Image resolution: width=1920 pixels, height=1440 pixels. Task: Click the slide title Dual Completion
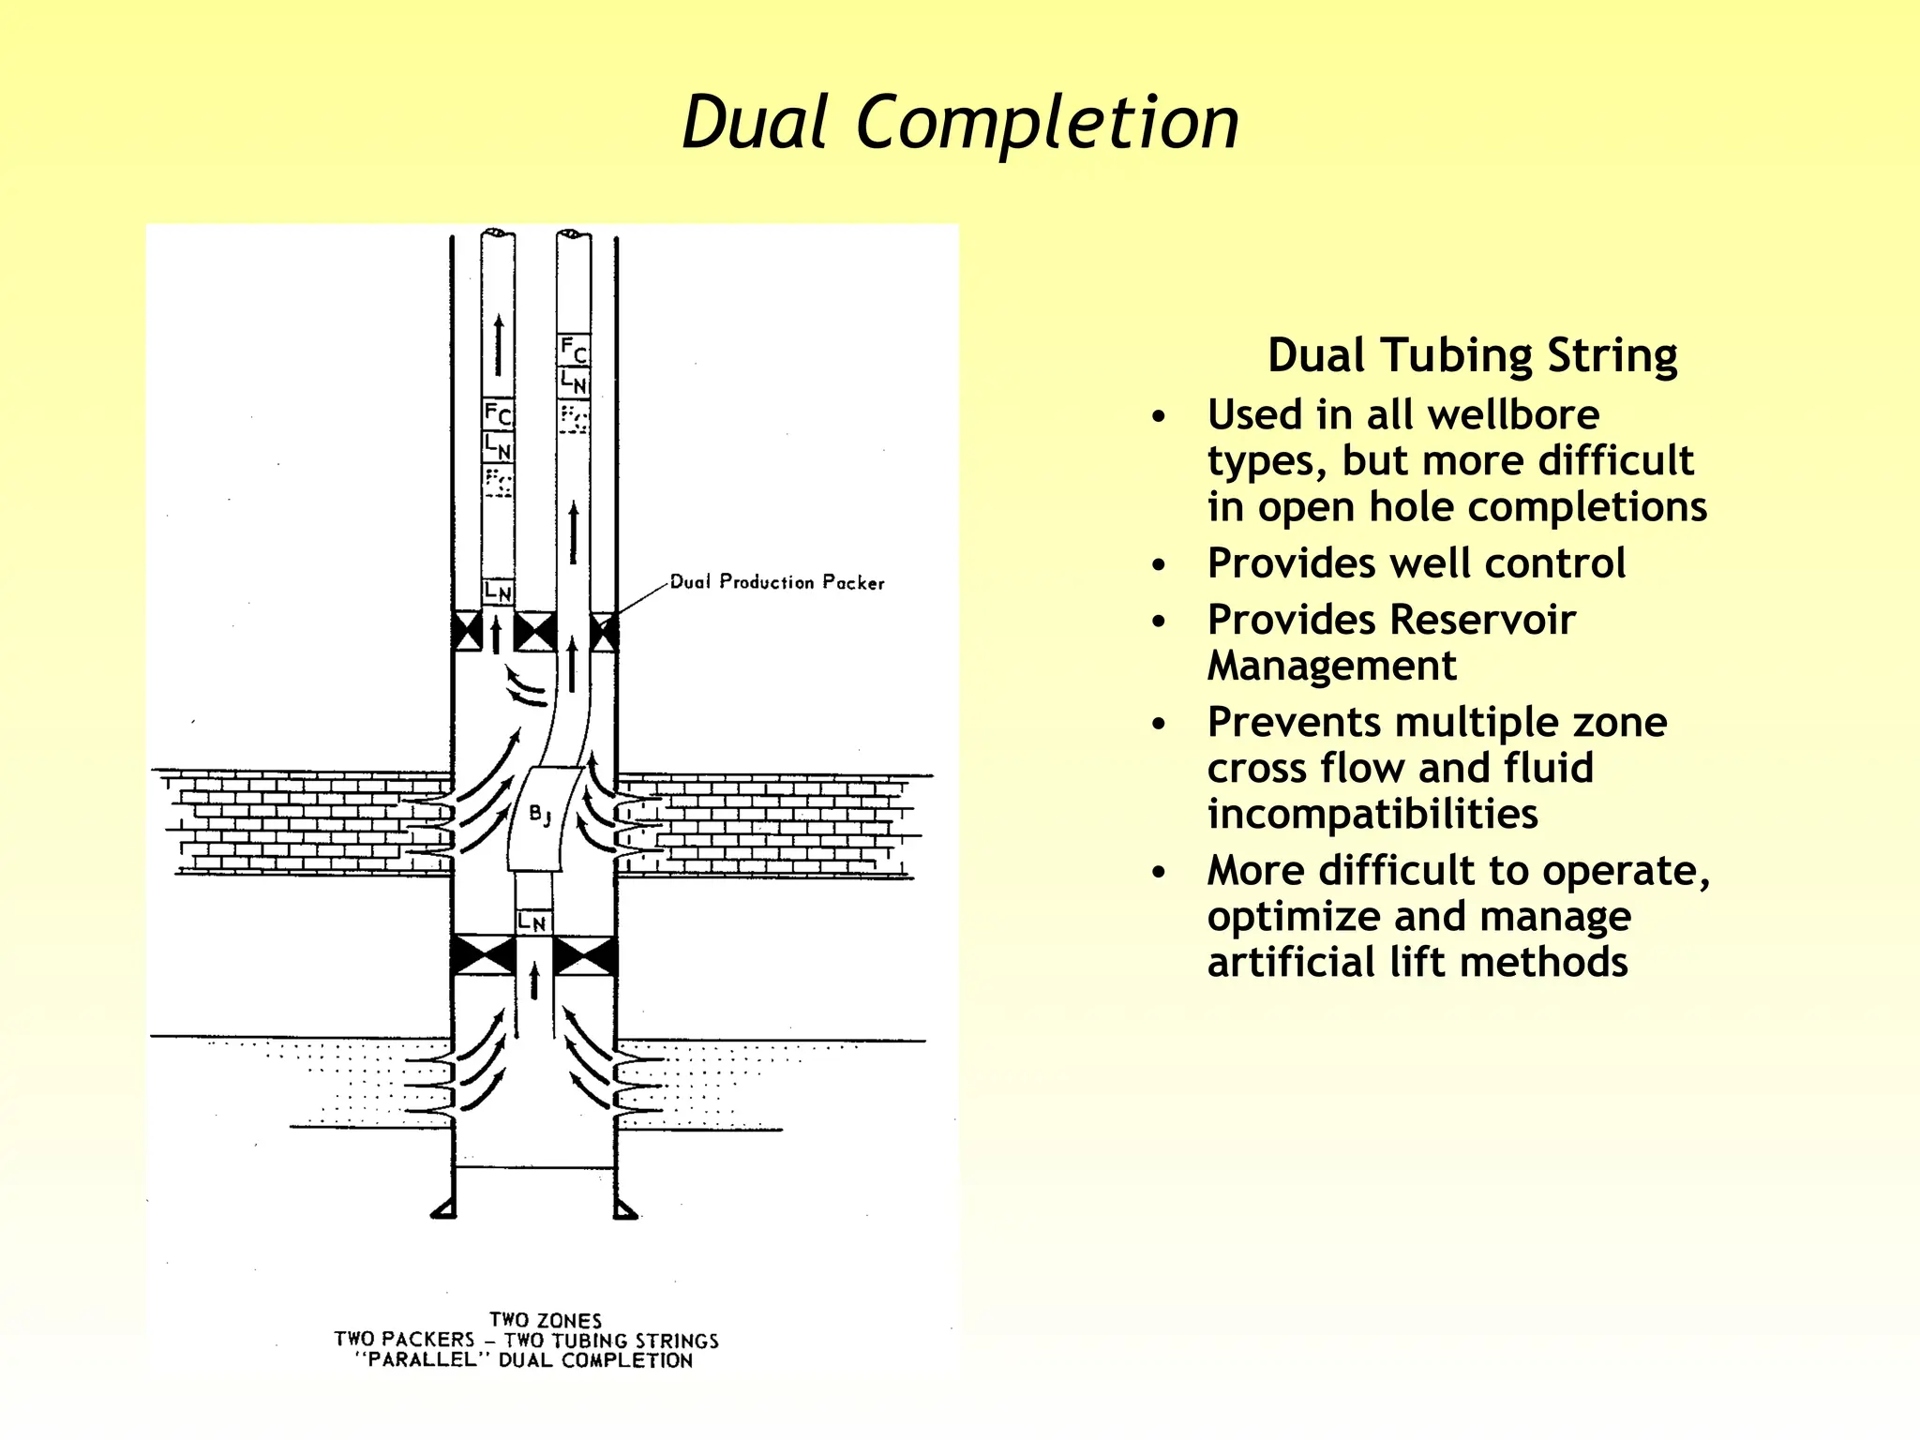960,123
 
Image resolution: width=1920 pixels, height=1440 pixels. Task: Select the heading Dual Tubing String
1472,355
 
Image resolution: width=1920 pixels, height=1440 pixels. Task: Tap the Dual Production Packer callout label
777,582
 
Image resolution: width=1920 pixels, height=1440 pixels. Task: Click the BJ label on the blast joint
539,814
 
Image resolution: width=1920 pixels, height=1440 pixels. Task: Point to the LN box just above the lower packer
532,922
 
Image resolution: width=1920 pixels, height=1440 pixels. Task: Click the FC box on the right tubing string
574,351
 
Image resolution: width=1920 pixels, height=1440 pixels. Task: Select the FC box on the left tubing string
498,413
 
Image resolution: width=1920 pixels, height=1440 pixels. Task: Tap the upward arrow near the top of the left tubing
499,345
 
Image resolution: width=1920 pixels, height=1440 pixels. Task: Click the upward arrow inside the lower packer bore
534,981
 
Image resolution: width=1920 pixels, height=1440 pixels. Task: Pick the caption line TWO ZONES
546,1320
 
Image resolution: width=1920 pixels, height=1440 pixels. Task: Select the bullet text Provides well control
1416,563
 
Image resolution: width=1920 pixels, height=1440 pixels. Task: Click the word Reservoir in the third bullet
1484,620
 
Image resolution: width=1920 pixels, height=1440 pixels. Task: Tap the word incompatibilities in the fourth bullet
1372,814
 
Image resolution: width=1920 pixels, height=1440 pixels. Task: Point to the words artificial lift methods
1417,963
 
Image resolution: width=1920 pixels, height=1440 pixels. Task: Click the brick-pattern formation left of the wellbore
300,820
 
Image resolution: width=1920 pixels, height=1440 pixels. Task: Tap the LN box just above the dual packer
498,592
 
